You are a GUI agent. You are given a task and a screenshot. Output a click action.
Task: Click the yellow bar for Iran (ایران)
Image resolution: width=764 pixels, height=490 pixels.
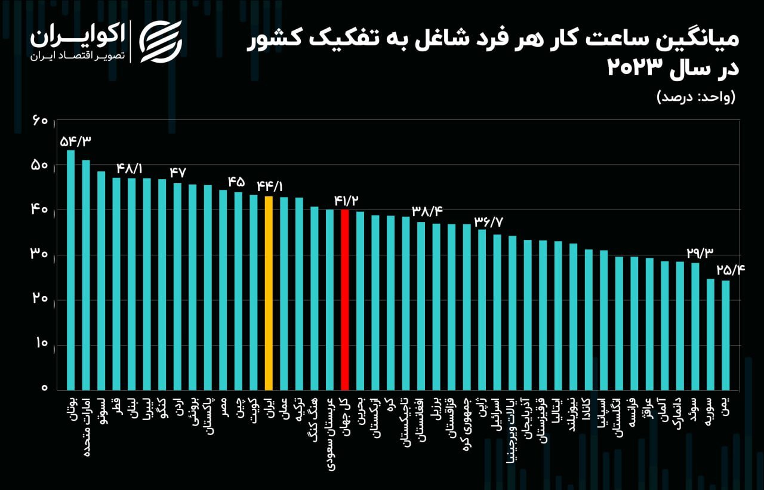point(269,292)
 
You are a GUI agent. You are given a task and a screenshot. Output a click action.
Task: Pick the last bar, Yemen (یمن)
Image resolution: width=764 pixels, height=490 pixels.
point(726,335)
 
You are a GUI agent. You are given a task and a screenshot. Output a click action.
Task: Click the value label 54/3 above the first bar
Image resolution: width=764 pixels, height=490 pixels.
point(76,141)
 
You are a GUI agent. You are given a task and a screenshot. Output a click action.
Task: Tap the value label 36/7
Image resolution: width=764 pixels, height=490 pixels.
point(489,221)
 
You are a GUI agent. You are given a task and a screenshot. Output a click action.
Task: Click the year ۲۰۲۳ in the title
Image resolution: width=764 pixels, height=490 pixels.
point(634,67)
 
